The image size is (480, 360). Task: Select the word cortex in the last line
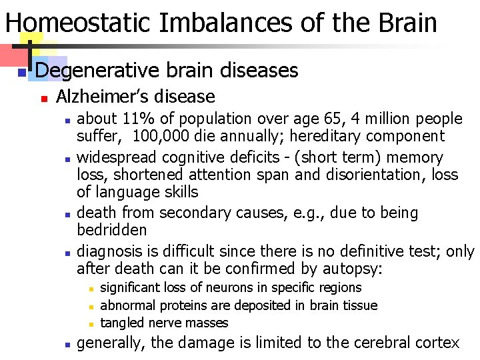click(x=434, y=343)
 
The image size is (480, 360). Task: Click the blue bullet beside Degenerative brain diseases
click(x=21, y=71)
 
